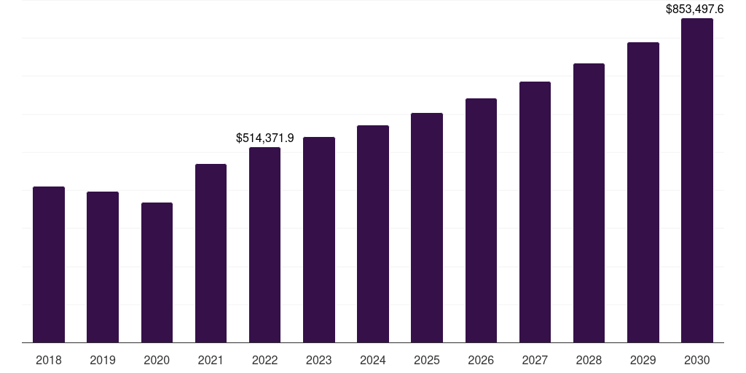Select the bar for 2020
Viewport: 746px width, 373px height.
pos(157,272)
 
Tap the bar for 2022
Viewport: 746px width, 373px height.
pos(264,245)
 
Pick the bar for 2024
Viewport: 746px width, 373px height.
pos(373,234)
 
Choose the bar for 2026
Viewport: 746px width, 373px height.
pos(481,220)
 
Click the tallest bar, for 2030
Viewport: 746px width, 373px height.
pos(696,180)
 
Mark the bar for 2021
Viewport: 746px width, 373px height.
pos(211,253)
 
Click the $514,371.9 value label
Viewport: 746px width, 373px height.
pos(264,138)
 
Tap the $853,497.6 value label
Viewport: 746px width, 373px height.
pos(694,9)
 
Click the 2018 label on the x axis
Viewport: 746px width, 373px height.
pos(49,360)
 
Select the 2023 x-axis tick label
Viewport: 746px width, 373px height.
pos(319,360)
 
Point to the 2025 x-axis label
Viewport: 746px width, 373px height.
pos(427,360)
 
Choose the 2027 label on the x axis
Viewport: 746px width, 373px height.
pos(535,360)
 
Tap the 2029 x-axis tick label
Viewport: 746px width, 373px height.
pos(643,360)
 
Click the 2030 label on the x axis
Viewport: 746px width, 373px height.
pos(696,360)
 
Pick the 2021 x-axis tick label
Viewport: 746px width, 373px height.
pos(211,360)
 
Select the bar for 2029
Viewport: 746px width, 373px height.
pos(643,192)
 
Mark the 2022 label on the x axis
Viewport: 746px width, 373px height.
pos(264,360)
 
